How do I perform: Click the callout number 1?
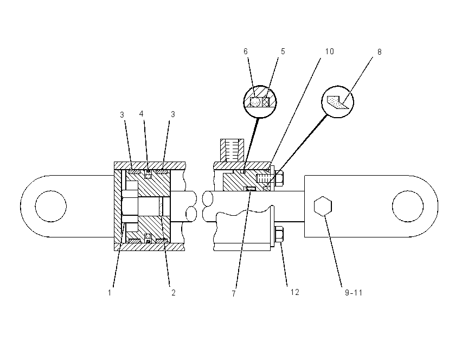click(x=110, y=293)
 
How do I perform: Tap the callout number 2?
click(x=173, y=293)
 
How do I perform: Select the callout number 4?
click(x=142, y=114)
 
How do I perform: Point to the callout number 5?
click(x=283, y=52)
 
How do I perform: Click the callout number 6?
click(x=246, y=52)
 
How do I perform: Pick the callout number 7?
click(x=234, y=293)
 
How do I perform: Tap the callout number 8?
click(x=379, y=52)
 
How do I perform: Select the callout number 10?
click(x=329, y=52)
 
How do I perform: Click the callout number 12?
click(x=294, y=292)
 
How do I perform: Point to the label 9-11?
click(x=354, y=293)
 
